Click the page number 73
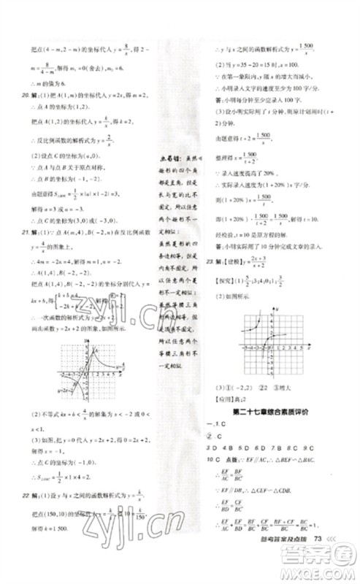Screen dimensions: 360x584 (317, 558)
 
